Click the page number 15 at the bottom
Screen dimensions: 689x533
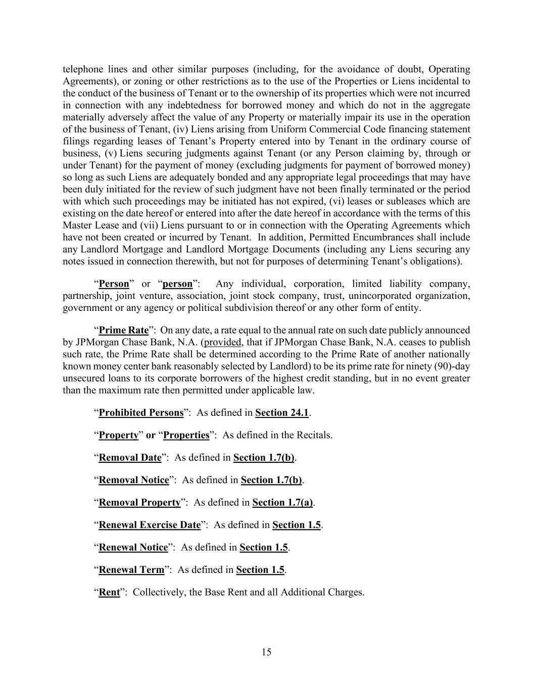266,652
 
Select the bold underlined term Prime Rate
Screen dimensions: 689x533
123,331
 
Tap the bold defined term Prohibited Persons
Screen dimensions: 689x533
141,413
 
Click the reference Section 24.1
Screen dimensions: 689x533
282,413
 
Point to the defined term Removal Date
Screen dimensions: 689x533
130,458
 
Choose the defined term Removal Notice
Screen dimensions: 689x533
133,480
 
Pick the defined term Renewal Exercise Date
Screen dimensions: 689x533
150,525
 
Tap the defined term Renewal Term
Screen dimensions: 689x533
131,570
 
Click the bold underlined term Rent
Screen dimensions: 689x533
109,592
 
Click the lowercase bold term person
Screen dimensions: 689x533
177,284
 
